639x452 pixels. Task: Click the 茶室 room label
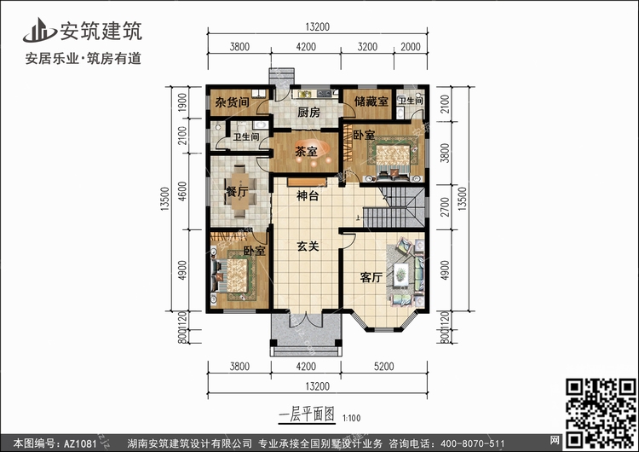[x=306, y=152]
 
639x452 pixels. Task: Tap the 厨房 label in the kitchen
[x=308, y=113]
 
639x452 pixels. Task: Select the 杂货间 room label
[x=232, y=102]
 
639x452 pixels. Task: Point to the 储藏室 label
[x=371, y=101]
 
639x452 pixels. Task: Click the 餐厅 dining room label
[x=237, y=191]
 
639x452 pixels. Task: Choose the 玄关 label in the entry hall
[x=308, y=246]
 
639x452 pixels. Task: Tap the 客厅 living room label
[x=371, y=277]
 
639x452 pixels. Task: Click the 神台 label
[x=308, y=196]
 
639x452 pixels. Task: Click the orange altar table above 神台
[x=307, y=182]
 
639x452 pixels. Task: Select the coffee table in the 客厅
[x=401, y=273]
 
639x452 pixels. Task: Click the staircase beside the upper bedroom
[x=394, y=207]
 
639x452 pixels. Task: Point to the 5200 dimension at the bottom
[x=384, y=367]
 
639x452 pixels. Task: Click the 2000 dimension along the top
[x=411, y=47]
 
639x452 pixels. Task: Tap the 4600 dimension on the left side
[x=182, y=191]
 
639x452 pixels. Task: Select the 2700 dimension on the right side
[x=445, y=207]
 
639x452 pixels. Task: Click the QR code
[x=602, y=413]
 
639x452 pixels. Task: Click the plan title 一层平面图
[x=307, y=415]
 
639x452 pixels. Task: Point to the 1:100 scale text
[x=352, y=418]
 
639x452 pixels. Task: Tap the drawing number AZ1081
[x=80, y=443]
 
